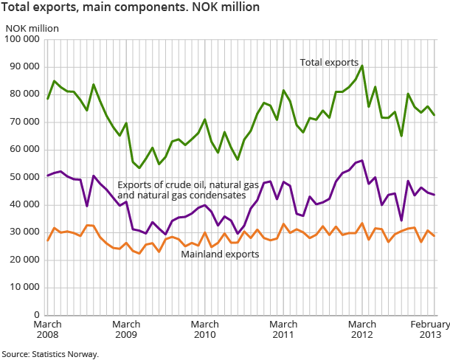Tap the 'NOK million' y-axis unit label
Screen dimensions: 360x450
click(32, 29)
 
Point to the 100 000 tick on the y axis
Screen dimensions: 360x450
click(23, 39)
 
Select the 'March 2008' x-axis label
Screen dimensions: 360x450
click(48, 330)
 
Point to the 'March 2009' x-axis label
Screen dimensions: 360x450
click(126, 330)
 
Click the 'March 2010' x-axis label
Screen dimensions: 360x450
click(204, 330)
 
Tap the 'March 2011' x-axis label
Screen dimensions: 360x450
click(283, 330)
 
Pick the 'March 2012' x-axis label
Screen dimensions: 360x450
click(361, 330)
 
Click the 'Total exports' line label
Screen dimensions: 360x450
click(329, 63)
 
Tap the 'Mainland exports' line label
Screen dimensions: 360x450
click(220, 255)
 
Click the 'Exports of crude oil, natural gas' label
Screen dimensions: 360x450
click(193, 184)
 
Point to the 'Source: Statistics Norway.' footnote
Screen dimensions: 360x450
click(49, 354)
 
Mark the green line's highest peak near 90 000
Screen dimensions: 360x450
click(361, 66)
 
